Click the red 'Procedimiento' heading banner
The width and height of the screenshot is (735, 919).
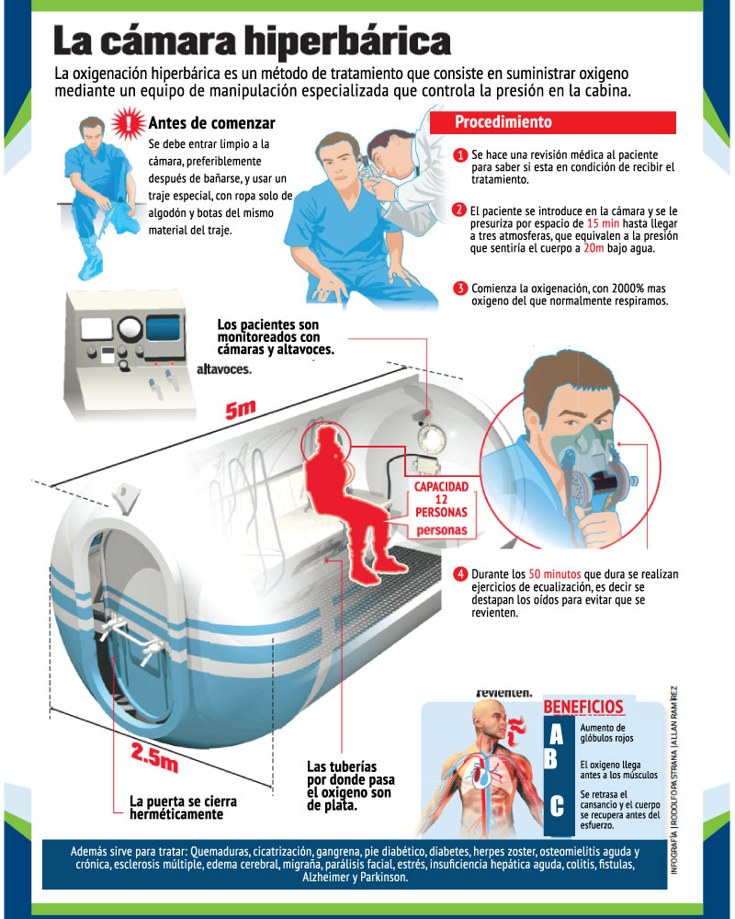pyautogui.click(x=553, y=122)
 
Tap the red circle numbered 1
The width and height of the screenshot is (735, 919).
pyautogui.click(x=460, y=154)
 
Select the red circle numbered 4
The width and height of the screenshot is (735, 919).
pyautogui.click(x=460, y=574)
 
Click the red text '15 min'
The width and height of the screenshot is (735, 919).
pyautogui.click(x=603, y=223)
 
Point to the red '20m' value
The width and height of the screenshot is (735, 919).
pyautogui.click(x=594, y=248)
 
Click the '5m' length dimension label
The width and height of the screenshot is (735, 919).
pyautogui.click(x=241, y=409)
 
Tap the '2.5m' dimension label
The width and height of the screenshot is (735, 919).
pyautogui.click(x=154, y=756)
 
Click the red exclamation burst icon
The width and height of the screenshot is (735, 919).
pyautogui.click(x=129, y=123)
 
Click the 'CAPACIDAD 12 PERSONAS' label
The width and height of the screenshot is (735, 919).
pyautogui.click(x=441, y=499)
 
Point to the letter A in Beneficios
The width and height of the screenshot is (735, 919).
pyautogui.click(x=556, y=734)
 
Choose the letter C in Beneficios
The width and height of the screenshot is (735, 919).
pyautogui.click(x=557, y=806)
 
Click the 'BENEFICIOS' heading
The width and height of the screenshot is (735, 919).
pyautogui.click(x=583, y=707)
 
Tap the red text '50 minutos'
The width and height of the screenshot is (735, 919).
pyautogui.click(x=555, y=574)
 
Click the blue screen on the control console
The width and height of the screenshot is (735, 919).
pyautogui.click(x=163, y=328)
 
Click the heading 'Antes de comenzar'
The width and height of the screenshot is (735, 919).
pyautogui.click(x=211, y=123)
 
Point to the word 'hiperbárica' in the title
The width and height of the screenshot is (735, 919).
pyautogui.click(x=347, y=41)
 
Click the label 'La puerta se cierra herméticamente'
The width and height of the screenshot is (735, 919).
pyautogui.click(x=183, y=808)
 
